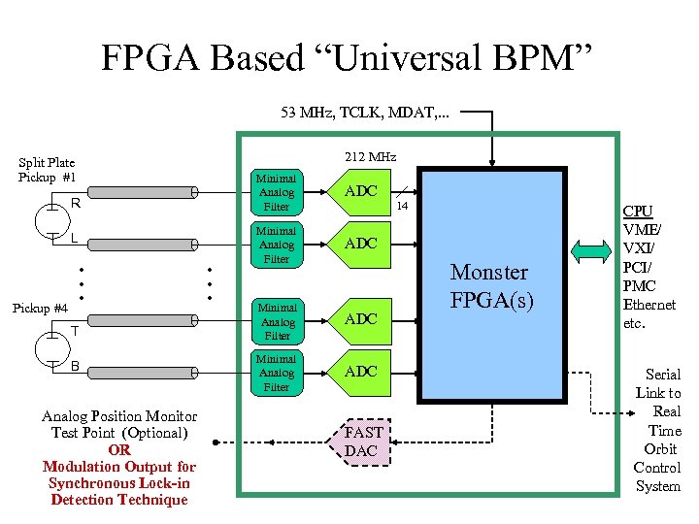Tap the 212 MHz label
(x=371, y=156)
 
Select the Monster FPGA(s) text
(x=489, y=285)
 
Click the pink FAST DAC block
(x=364, y=442)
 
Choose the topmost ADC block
(x=361, y=191)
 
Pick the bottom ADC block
(x=361, y=372)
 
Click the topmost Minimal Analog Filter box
(x=277, y=192)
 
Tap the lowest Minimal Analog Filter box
(x=277, y=373)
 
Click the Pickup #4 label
(x=40, y=308)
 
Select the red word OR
(x=119, y=449)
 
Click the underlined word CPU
(x=638, y=211)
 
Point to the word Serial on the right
(x=662, y=374)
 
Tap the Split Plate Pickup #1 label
(x=47, y=170)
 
